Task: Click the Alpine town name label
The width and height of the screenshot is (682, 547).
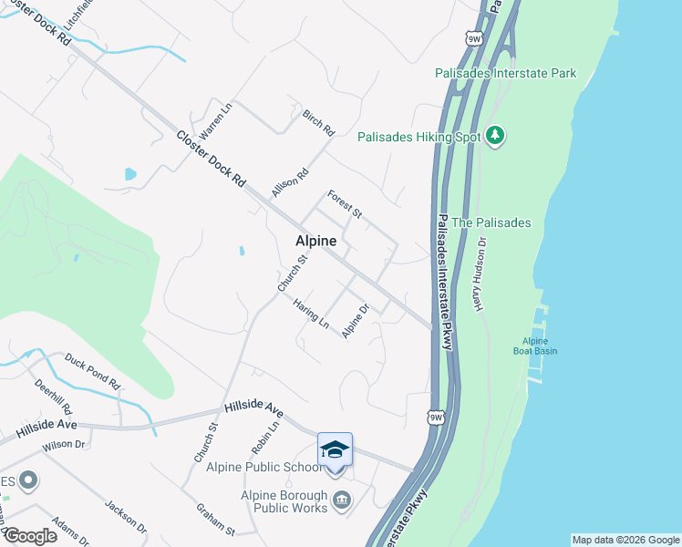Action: click(x=315, y=242)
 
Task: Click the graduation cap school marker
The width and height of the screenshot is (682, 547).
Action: click(x=335, y=449)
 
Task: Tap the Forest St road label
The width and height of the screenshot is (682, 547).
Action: click(x=346, y=204)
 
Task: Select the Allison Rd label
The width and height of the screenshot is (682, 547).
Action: click(x=290, y=182)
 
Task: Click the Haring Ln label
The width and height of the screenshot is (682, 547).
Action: click(x=311, y=315)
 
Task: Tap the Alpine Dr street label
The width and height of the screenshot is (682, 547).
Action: click(x=355, y=321)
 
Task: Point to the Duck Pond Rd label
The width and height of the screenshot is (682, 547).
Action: click(x=93, y=371)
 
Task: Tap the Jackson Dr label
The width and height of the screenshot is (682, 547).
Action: click(x=126, y=516)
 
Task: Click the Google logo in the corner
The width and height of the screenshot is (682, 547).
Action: click(x=30, y=536)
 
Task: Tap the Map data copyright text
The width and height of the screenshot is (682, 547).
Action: click(x=625, y=540)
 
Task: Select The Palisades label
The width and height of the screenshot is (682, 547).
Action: click(x=491, y=222)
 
